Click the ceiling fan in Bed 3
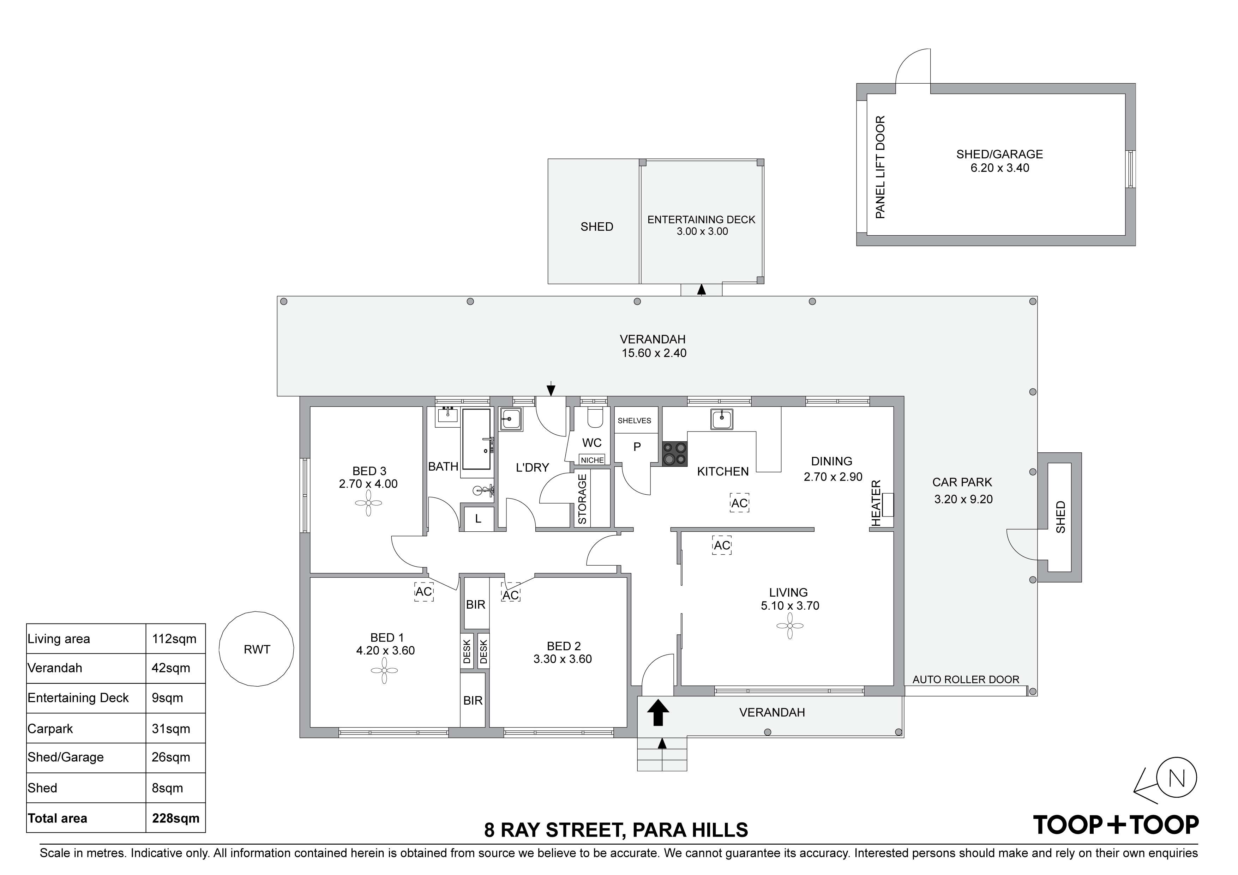368,503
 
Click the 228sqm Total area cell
176,819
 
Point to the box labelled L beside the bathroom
478,519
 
